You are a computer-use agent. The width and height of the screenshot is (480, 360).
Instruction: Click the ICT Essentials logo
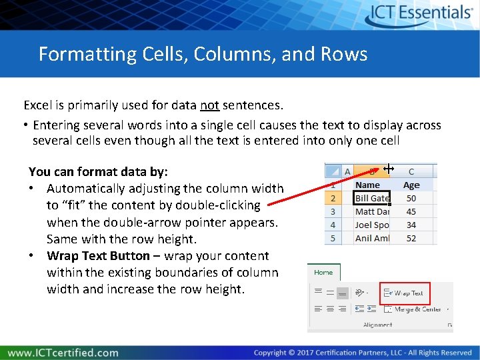419,14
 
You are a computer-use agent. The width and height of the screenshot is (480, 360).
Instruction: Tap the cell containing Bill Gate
371,198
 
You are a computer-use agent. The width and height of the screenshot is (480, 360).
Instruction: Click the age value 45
411,211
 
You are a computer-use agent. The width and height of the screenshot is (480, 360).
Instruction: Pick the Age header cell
411,185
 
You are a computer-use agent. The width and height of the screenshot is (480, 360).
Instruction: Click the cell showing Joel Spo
371,225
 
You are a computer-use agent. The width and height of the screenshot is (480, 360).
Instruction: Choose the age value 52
411,238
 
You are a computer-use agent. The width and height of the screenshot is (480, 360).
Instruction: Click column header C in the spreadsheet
411,171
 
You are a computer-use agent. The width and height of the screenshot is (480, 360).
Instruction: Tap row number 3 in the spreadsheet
333,211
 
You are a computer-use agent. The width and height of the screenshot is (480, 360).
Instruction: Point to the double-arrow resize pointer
389,169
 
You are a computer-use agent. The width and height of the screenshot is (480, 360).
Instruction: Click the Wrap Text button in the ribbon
405,293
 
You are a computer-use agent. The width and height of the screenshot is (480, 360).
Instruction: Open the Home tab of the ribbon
323,272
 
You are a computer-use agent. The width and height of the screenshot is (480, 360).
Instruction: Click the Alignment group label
377,325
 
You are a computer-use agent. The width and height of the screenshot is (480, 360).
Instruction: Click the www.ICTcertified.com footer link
63,353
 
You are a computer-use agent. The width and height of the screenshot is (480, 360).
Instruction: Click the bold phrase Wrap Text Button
98,256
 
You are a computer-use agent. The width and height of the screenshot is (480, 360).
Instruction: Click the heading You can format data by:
98,172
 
